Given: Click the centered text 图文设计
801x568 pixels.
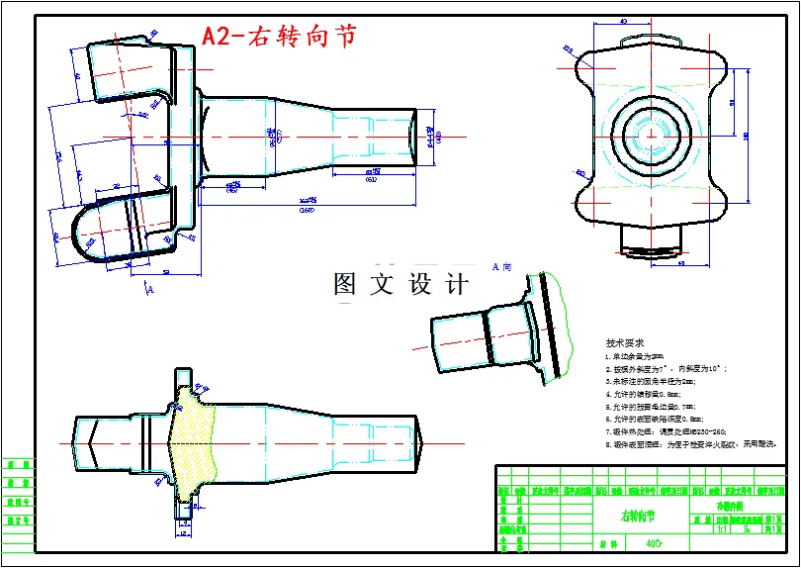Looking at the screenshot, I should coord(400,285).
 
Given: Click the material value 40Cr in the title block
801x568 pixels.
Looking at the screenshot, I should coord(654,543).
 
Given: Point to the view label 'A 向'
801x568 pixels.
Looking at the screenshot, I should coord(501,267).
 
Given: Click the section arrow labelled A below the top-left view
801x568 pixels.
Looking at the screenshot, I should coord(149,287).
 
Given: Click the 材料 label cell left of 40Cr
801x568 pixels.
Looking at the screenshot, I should coord(609,543).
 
